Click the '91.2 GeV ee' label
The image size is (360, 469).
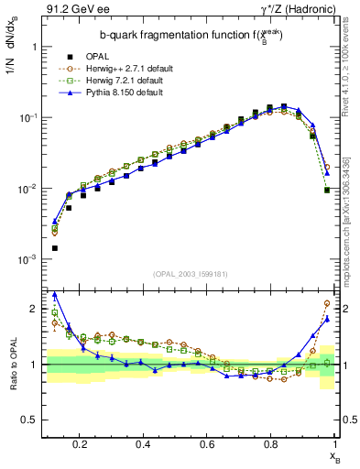click(x=71, y=10)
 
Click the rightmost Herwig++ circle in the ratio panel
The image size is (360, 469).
click(x=327, y=303)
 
